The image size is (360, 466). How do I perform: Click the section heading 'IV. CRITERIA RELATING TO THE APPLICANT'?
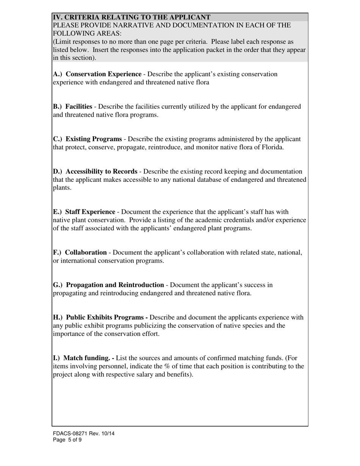[x=131, y=17]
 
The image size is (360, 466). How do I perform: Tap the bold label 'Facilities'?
[x=79, y=107]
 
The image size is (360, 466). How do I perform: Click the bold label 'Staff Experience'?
[x=90, y=212]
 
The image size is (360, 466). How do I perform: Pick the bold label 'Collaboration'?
[x=86, y=252]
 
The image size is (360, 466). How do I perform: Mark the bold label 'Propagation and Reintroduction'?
[x=115, y=285]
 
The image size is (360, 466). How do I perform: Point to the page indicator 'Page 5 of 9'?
[x=67, y=440]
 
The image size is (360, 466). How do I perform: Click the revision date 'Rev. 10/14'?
[x=102, y=433]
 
